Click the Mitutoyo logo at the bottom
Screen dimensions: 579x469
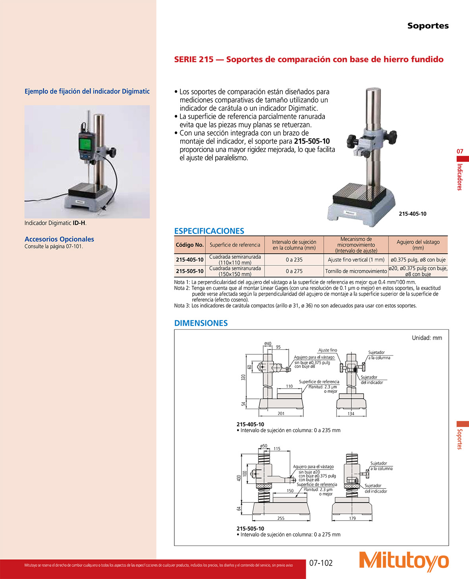tap(404, 561)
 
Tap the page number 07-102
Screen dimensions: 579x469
tap(321, 563)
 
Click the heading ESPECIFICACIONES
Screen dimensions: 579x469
tap(209, 231)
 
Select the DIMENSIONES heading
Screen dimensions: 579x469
tap(201, 323)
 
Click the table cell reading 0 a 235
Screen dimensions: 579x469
tap(294, 260)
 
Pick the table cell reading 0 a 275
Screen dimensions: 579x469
tap(294, 271)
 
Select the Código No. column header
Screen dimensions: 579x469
tap(189, 245)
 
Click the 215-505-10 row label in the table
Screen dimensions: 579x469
tap(189, 271)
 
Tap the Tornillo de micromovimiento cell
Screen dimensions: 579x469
tap(356, 271)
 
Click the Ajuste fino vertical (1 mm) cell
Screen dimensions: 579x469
tap(356, 260)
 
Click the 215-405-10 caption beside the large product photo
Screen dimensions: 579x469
tap(412, 214)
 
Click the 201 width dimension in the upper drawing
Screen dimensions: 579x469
tap(281, 414)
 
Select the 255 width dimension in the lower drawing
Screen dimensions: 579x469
tap(281, 518)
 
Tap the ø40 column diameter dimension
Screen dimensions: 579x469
tap(268, 344)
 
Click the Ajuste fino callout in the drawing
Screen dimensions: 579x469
tap(327, 350)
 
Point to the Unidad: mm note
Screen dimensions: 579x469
tap(427, 338)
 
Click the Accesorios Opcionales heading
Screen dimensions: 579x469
tap(59, 239)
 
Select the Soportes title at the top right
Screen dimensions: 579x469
tap(428, 26)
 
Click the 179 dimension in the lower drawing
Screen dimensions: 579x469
tap(352, 518)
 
